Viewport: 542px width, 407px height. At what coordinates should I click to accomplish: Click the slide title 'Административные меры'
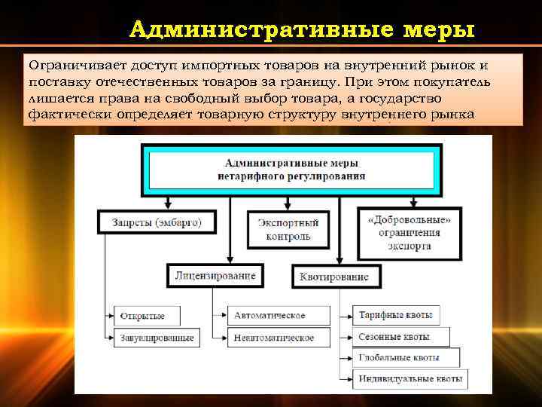coord(302,29)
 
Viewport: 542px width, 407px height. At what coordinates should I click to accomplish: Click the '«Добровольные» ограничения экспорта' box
coord(410,233)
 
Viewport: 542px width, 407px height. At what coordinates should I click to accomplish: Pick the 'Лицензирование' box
coord(215,275)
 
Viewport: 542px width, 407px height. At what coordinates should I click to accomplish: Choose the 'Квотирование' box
coord(333,277)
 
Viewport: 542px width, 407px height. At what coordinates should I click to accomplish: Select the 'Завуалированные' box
coord(157,338)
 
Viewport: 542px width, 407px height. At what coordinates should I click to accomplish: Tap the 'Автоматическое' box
coord(269,315)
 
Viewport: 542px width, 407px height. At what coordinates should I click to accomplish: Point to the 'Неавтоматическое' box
coord(273,338)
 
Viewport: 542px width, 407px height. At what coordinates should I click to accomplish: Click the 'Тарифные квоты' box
coord(397,315)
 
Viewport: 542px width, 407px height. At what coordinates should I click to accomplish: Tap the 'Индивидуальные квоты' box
coord(410,378)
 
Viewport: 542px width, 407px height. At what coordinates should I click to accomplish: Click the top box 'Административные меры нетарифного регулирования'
coord(291,170)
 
